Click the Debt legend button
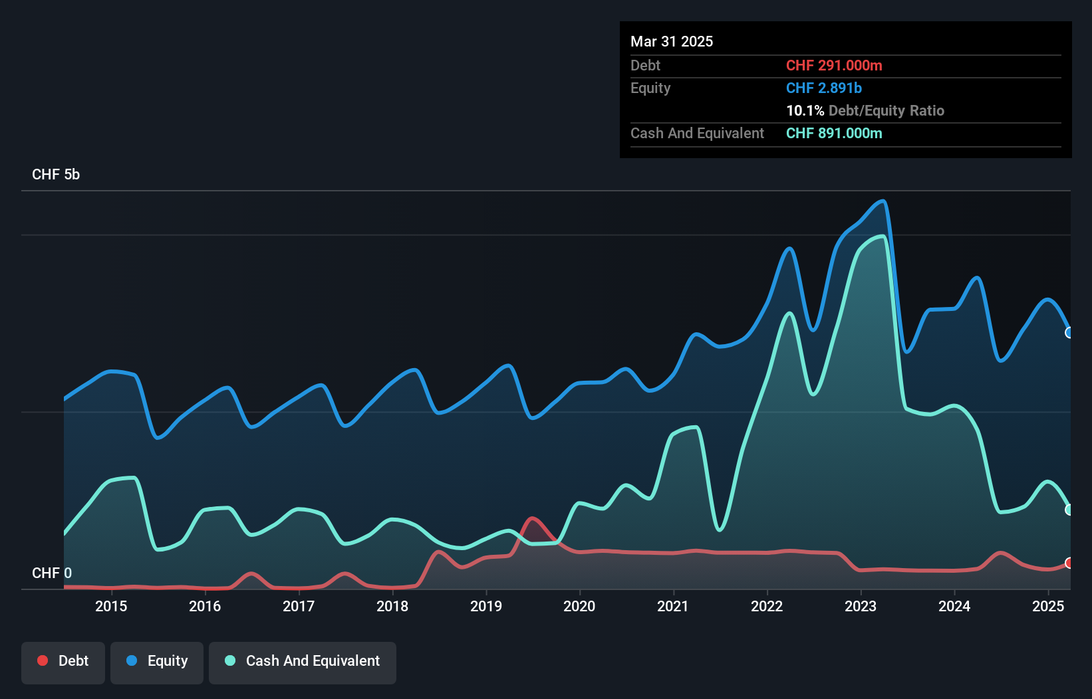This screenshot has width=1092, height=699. click(x=63, y=662)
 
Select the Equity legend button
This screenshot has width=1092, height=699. click(x=157, y=662)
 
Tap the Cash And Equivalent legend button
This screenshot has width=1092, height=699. click(x=303, y=662)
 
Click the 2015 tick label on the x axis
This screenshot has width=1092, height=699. click(x=111, y=606)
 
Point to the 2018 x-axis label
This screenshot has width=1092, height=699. click(x=392, y=606)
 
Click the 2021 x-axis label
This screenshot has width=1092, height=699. click(x=673, y=606)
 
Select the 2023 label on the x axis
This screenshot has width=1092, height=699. click(x=861, y=606)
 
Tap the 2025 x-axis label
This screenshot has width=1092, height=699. click(x=1048, y=606)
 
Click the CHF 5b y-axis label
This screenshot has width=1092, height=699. click(x=56, y=174)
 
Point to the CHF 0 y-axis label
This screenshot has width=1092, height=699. click(x=52, y=573)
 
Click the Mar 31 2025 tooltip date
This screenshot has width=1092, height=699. click(x=672, y=41)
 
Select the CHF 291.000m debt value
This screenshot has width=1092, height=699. click(x=834, y=65)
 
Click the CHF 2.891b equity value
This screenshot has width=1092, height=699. click(x=823, y=88)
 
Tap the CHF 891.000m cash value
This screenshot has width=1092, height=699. click(x=834, y=133)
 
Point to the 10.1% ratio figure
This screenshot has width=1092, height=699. click(x=805, y=110)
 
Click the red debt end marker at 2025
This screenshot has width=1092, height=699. click(x=1069, y=563)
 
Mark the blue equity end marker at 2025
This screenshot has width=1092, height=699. click(x=1069, y=332)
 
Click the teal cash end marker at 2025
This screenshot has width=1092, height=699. click(x=1069, y=510)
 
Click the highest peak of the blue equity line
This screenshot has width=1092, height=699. click(x=883, y=201)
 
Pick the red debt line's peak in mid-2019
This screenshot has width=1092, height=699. click(x=532, y=518)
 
